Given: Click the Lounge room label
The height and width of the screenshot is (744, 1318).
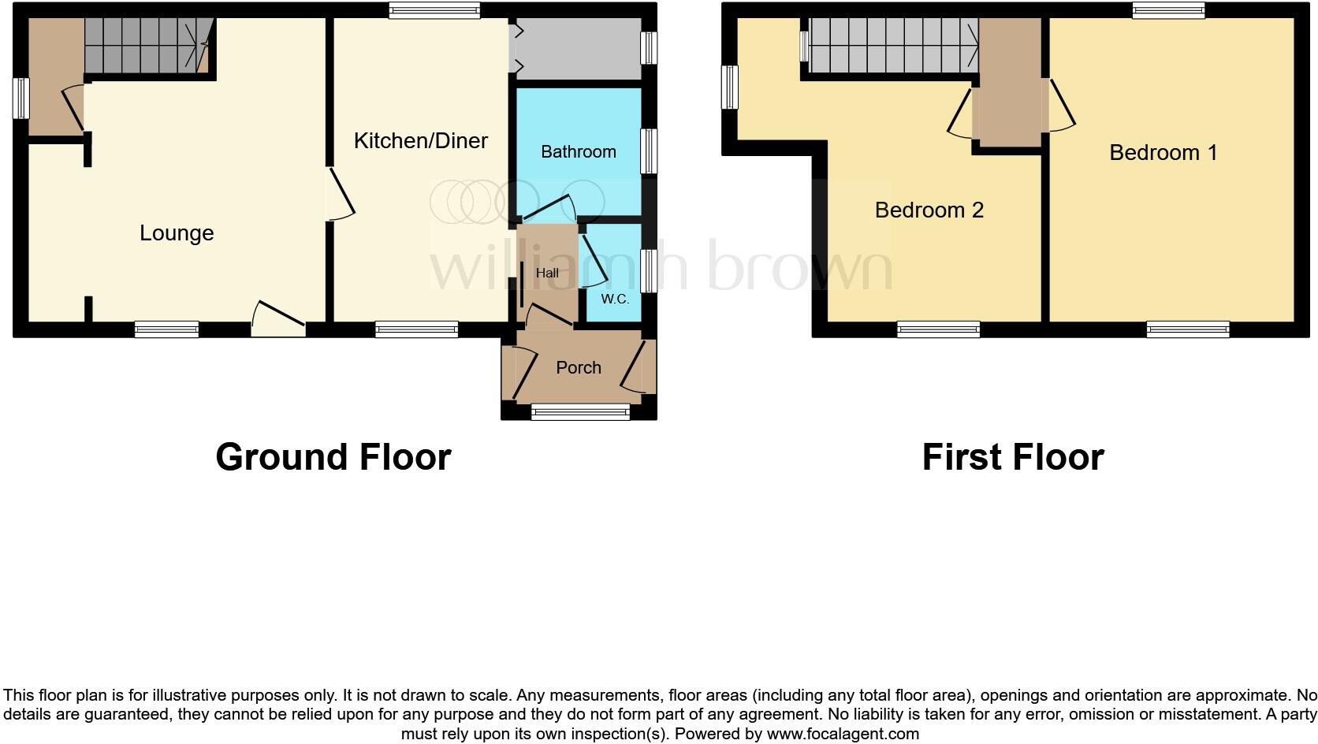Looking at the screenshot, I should tap(177, 233).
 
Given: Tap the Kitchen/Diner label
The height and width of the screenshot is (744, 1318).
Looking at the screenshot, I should tap(420, 141).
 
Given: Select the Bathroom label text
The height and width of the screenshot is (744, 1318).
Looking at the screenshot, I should tap(578, 152).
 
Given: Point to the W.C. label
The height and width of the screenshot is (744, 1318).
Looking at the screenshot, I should tap(615, 299).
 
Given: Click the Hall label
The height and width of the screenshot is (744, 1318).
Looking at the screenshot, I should tap(547, 273).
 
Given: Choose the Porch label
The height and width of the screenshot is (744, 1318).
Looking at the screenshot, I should tap(578, 368).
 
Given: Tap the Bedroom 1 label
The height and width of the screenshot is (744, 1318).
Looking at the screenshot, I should tap(1163, 153).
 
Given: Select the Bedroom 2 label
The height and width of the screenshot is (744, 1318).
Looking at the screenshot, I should tap(929, 210).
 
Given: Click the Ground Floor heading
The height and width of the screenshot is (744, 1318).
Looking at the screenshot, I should tap(333, 457).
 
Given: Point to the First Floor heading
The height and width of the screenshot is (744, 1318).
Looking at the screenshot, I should tap(1013, 457).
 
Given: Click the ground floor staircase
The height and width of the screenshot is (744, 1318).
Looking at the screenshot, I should tap(146, 46).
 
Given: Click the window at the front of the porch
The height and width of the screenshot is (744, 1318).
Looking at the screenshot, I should tap(580, 411).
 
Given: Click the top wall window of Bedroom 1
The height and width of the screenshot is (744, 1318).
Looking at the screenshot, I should tap(1168, 10).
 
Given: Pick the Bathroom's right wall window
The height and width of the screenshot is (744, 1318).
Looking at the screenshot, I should tap(648, 151).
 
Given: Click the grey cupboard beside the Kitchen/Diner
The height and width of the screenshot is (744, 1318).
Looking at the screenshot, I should tap(579, 48).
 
